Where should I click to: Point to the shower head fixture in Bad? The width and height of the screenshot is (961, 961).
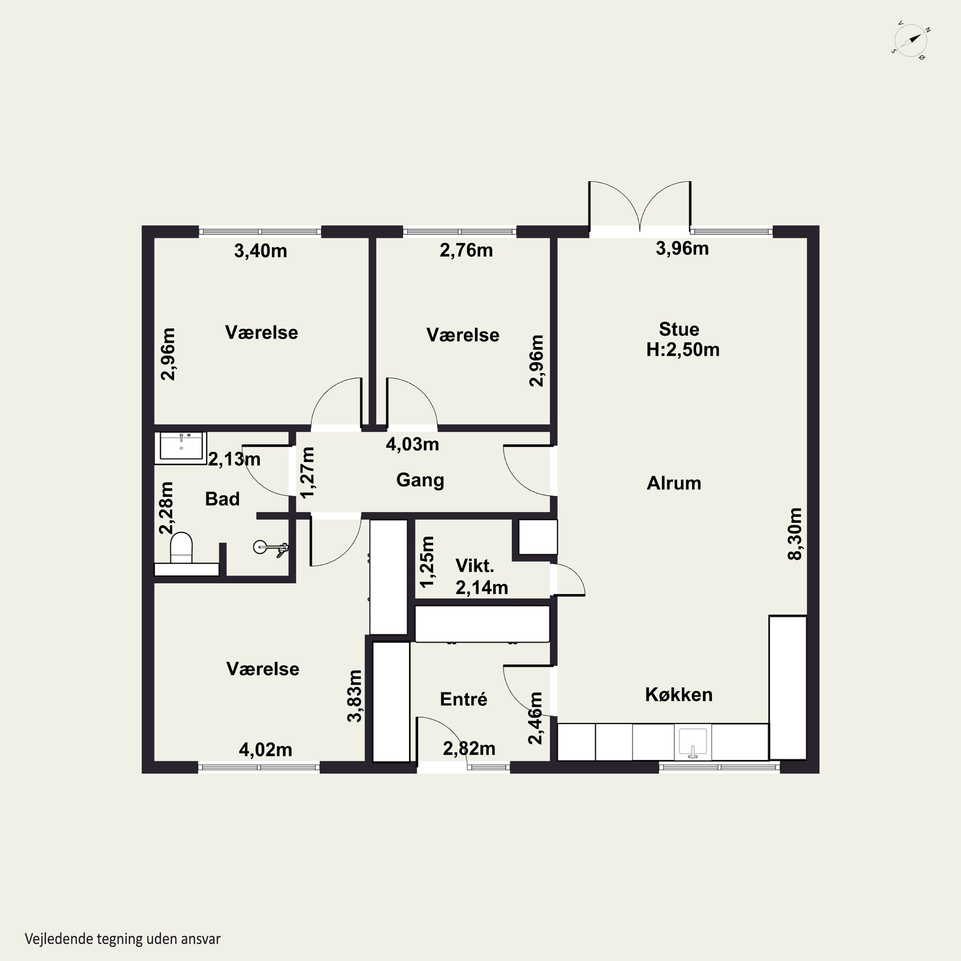coord(271,548)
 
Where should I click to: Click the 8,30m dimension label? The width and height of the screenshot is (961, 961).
coord(795,534)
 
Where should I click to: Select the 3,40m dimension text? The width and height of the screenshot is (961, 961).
coord(261,251)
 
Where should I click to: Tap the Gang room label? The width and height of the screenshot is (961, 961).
coord(420,481)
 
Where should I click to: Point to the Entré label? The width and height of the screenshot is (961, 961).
coord(464,699)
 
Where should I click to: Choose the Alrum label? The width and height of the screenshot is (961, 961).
coord(674,483)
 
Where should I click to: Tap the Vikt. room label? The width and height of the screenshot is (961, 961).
coord(474,566)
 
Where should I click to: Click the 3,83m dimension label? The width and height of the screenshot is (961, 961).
coord(355,696)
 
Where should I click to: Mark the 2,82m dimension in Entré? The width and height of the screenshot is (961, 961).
coord(469,749)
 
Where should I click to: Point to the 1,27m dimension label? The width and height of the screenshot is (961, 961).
coord(308,472)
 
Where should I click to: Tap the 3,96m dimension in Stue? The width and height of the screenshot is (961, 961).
coord(682,248)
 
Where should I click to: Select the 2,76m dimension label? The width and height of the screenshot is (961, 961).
coord(466,250)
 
